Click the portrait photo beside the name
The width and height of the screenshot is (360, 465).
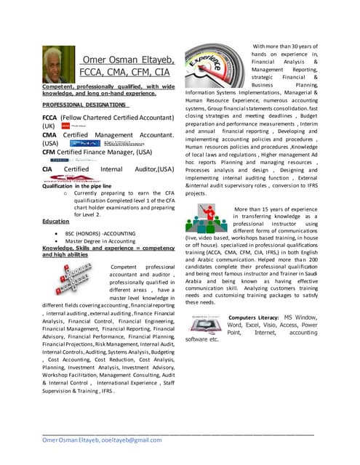(x=57, y=65)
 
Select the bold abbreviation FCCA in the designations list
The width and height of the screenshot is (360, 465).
(x=51, y=116)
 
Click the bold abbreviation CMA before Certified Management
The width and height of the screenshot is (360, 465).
(x=50, y=134)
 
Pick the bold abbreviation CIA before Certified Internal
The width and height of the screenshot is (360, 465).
(x=49, y=169)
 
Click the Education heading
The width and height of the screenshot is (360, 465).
(x=55, y=220)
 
